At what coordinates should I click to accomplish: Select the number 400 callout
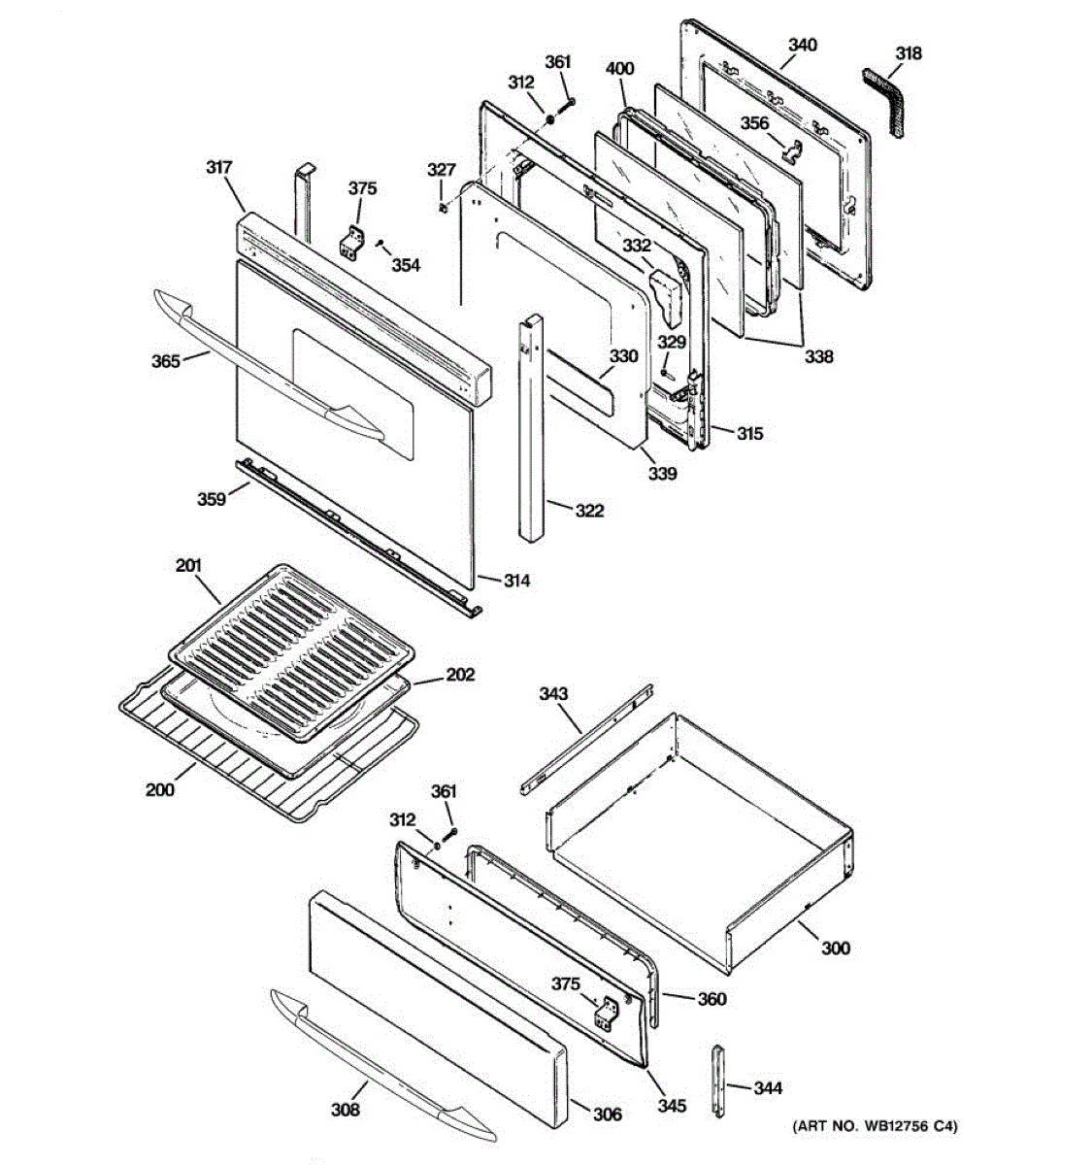[619, 69]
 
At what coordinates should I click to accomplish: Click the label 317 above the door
[219, 168]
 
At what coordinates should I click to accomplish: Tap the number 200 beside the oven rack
[160, 789]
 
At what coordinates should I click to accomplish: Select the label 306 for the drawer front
[607, 1115]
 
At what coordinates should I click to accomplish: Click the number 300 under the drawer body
[835, 948]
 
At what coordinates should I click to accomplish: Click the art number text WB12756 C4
[876, 1126]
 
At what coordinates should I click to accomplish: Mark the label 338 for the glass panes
[818, 356]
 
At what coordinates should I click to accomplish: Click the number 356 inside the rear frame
[754, 123]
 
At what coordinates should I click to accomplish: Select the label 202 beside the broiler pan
[460, 674]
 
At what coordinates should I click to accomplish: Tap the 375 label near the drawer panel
[566, 983]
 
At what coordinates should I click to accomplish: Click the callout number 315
[749, 434]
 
